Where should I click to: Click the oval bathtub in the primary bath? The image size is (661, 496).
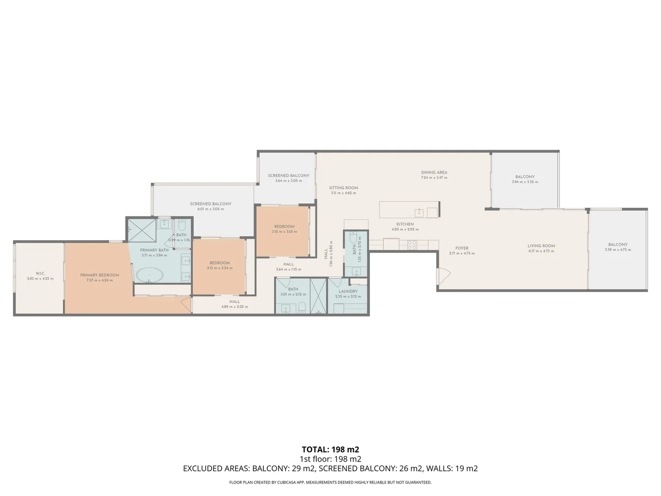click(x=149, y=276)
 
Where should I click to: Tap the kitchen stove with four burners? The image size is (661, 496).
click(x=412, y=245)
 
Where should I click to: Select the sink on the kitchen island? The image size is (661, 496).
click(x=419, y=212)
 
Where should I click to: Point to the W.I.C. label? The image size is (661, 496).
click(x=40, y=273)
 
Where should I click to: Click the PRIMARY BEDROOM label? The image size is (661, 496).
click(x=100, y=275)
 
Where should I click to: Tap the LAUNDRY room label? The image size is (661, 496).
click(x=348, y=291)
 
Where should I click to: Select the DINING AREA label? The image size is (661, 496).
click(x=434, y=173)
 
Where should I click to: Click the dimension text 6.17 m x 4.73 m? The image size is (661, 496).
click(x=541, y=251)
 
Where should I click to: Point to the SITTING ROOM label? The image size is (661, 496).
click(x=343, y=188)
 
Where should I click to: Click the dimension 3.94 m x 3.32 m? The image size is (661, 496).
click(x=525, y=182)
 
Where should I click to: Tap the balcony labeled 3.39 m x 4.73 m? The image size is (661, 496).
click(x=618, y=247)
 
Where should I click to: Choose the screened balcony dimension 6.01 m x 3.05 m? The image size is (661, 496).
click(x=211, y=209)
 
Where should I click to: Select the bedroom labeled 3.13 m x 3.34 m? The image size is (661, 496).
click(x=219, y=265)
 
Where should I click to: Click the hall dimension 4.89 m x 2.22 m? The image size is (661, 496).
click(x=235, y=307)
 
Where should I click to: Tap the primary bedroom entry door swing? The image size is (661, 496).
click(x=186, y=304)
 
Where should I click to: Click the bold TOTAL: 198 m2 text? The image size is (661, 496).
click(x=330, y=450)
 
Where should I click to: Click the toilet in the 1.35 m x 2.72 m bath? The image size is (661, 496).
click(x=353, y=239)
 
